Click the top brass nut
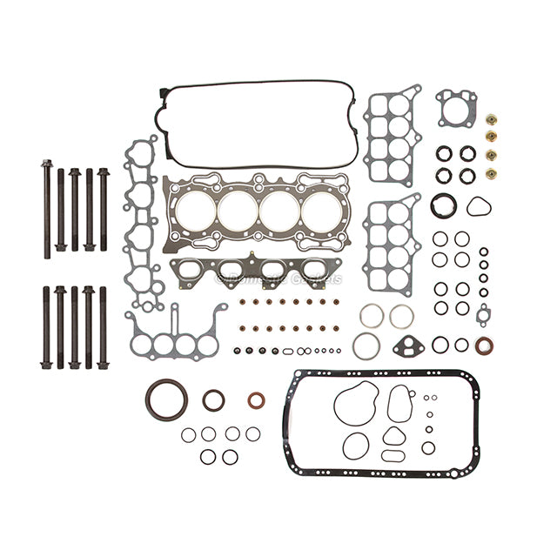click(x=491, y=119)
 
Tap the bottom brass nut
click(x=491, y=173)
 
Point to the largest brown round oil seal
click(x=166, y=399)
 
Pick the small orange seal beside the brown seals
click(x=256, y=400)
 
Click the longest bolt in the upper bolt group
click(x=46, y=209)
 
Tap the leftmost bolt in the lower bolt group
click(x=46, y=327)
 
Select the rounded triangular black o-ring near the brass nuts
click(x=478, y=206)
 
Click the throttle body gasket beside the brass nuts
click(x=456, y=108)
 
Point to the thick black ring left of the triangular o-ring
click(x=443, y=206)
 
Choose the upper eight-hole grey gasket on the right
click(x=392, y=135)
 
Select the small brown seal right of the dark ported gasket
click(x=484, y=345)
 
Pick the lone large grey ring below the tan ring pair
click(x=366, y=346)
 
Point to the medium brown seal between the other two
click(x=213, y=400)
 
